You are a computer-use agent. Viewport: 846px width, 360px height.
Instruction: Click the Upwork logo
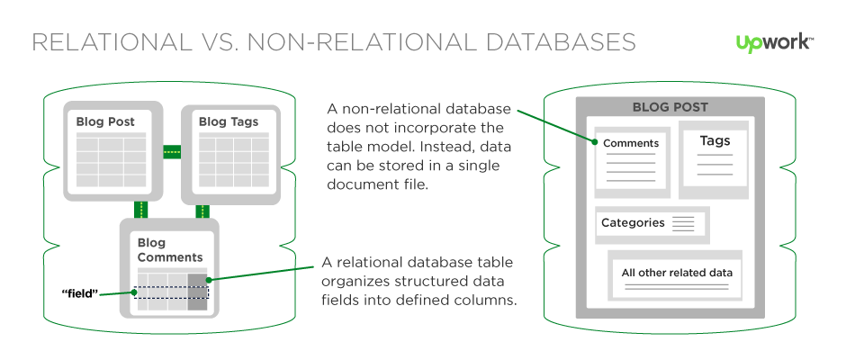point(775,42)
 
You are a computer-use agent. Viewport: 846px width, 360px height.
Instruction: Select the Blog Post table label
point(105,121)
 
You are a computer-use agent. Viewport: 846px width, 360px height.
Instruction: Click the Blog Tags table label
point(229,121)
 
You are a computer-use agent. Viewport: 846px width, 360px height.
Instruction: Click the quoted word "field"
point(79,293)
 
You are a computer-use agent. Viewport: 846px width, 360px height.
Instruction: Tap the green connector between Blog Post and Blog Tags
point(172,151)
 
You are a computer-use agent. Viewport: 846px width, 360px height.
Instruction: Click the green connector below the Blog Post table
point(139,211)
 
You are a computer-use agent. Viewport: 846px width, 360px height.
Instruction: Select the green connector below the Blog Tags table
point(202,211)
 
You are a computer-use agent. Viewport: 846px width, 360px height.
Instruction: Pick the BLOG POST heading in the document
point(664,106)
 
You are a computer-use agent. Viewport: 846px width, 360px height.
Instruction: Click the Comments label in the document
point(631,143)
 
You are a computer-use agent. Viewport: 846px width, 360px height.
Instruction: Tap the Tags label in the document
point(715,141)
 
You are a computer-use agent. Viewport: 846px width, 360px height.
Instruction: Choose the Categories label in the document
point(633,222)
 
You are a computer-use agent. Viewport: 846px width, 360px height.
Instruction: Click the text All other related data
point(677,273)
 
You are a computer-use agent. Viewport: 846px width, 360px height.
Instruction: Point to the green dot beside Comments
point(595,141)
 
